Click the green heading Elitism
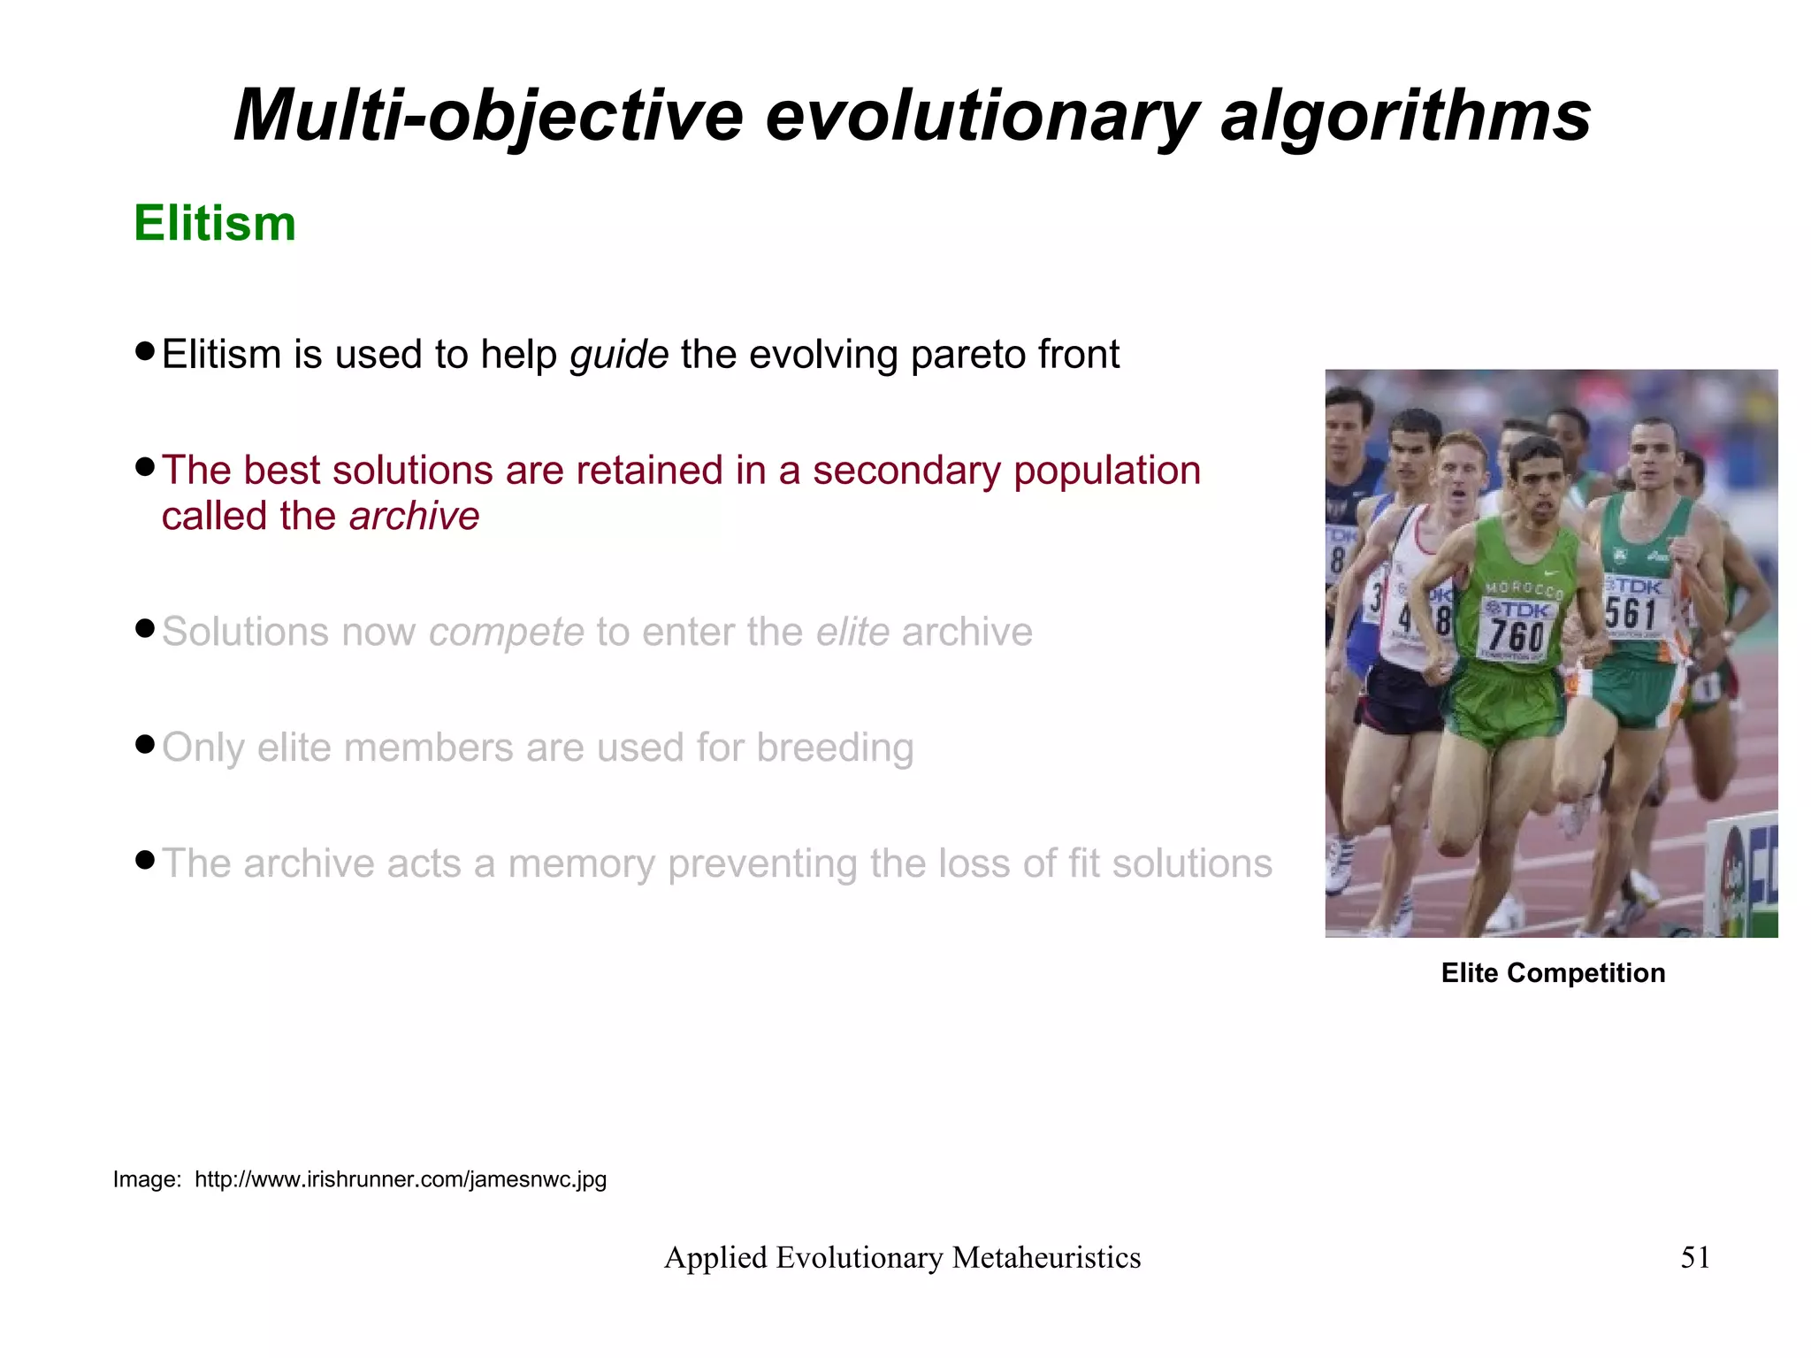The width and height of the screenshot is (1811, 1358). point(215,223)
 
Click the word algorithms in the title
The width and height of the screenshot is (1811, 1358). point(1406,115)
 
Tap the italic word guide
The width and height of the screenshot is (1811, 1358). point(619,355)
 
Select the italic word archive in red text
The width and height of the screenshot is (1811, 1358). point(414,516)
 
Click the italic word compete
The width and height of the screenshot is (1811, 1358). point(506,633)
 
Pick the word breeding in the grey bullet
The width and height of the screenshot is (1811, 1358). point(835,748)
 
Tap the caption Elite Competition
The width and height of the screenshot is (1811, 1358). point(1553,973)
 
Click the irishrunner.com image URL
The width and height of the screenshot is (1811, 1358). point(400,1179)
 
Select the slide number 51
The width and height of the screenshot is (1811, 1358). point(1694,1257)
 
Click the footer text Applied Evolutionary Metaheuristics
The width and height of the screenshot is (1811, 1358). point(902,1257)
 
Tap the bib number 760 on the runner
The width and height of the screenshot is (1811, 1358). point(1516,634)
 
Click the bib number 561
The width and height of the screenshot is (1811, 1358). point(1630,613)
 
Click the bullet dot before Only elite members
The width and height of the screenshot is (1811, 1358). point(146,744)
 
